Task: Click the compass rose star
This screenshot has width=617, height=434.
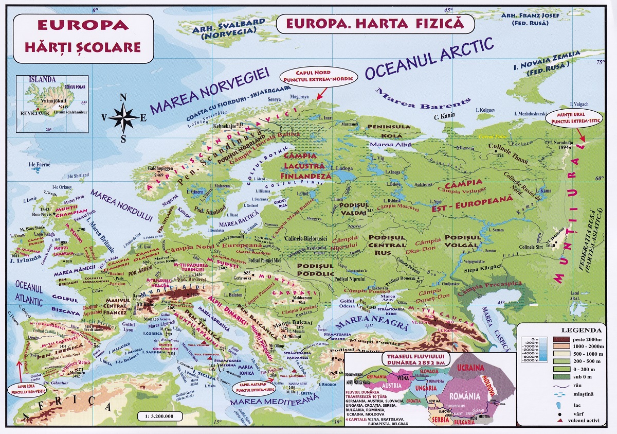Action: pyautogui.click(x=123, y=117)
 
